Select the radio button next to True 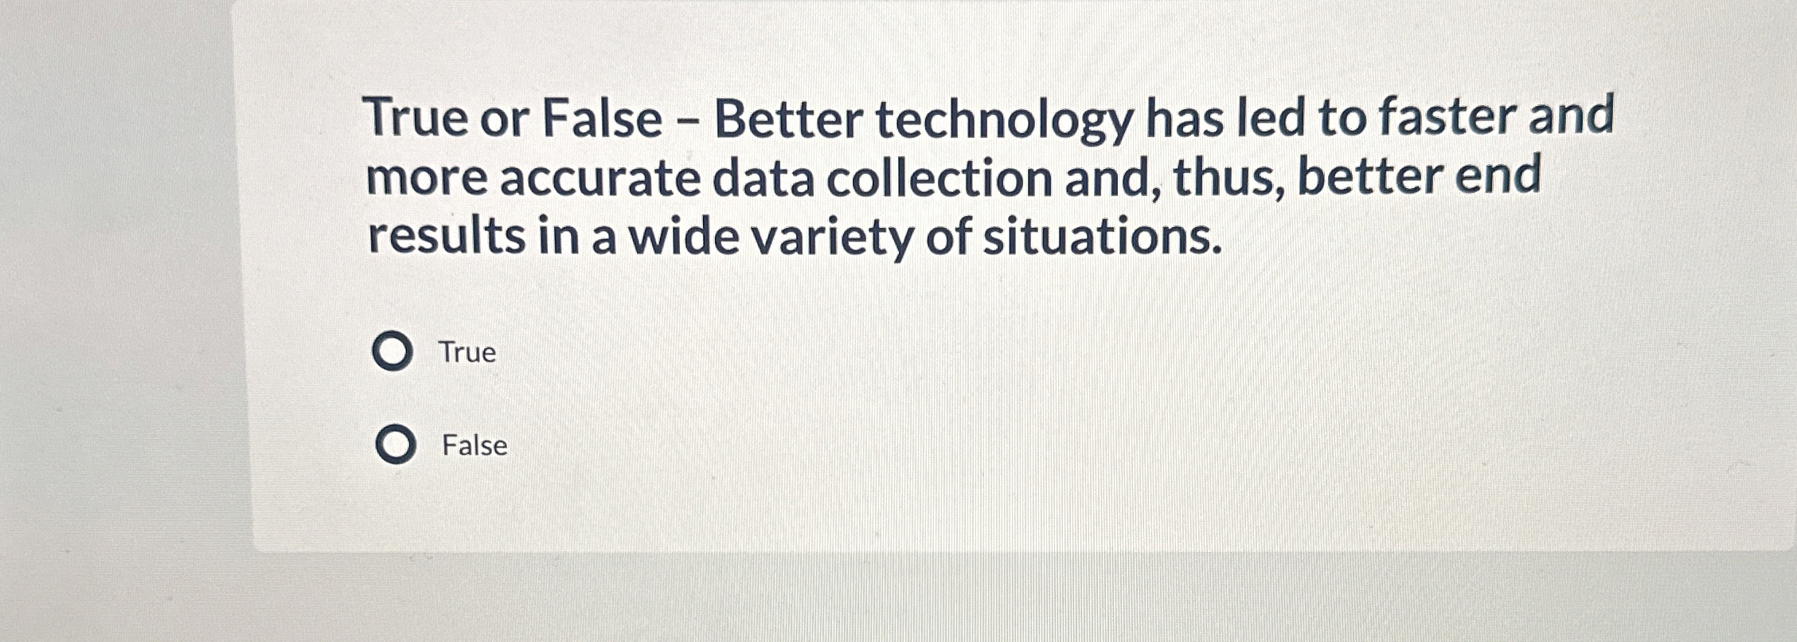pos(393,351)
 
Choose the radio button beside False pos(396,444)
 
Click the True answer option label pos(467,352)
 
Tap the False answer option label pos(475,445)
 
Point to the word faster pos(1447,116)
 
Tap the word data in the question pos(763,178)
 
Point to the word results pos(447,237)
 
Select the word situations pos(1102,238)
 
